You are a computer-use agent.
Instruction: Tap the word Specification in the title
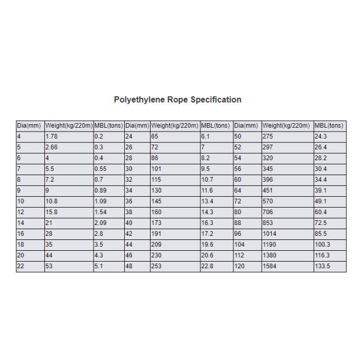[x=217, y=100]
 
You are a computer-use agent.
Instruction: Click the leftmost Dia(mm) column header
[x=29, y=126]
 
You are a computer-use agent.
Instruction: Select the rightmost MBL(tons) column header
[x=329, y=126]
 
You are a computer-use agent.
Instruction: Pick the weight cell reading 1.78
[x=52, y=137]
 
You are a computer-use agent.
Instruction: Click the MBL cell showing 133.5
[x=323, y=266]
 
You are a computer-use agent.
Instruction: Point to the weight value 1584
[x=271, y=266]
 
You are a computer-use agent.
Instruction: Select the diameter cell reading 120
[x=239, y=266]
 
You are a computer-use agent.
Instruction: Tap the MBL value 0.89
[x=101, y=191]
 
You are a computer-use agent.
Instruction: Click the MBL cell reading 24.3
[x=322, y=137]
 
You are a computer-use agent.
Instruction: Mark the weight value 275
[x=269, y=137]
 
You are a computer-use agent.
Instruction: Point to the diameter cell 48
[x=129, y=266]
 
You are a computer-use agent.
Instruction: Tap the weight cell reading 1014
[x=271, y=234]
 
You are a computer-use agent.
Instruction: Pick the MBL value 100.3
[x=323, y=245]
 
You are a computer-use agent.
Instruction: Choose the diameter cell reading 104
[x=239, y=245]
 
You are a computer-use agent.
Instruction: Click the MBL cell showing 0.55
[x=101, y=169]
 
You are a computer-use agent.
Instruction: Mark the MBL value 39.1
[x=322, y=191]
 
